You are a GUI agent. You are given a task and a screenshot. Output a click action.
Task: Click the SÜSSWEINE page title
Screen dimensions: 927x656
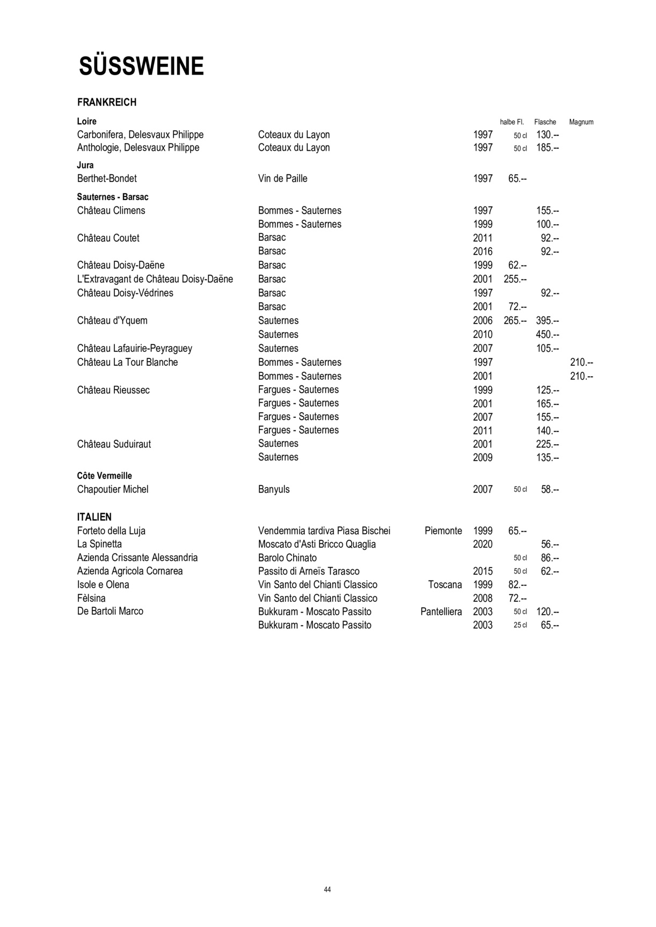pos(141,67)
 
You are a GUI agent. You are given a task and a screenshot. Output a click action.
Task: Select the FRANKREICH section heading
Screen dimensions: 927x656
pos(107,102)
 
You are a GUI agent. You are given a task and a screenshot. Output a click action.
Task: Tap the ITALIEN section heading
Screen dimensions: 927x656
pos(94,517)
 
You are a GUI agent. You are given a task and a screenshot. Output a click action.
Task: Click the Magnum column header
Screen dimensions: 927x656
pos(581,122)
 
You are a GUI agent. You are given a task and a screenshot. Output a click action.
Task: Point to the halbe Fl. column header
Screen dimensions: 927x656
pos(512,122)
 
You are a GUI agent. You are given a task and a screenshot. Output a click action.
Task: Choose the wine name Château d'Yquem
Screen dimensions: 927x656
pos(112,321)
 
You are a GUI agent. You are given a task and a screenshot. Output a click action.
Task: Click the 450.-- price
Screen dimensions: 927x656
pos(548,335)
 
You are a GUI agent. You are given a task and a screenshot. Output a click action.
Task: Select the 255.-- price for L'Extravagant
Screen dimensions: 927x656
pos(515,279)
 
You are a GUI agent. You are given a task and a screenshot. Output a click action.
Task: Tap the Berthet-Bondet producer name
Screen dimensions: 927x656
pos(107,179)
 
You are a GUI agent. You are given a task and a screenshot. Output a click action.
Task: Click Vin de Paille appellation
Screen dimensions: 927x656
pos(283,179)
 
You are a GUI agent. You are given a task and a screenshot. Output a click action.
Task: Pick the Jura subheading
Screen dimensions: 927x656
pos(85,165)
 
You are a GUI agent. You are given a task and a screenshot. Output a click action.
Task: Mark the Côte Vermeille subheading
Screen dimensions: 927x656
pos(104,476)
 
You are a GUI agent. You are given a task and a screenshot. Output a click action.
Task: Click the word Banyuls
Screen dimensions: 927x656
pos(274,489)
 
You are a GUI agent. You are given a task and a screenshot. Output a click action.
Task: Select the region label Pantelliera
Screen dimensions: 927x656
pos(441,612)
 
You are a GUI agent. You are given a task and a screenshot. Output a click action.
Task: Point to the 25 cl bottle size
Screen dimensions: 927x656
pos(520,626)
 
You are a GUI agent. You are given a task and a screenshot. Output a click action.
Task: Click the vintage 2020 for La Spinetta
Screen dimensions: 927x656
pos(483,545)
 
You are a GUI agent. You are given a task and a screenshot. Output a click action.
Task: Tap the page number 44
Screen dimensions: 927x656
pos(327,890)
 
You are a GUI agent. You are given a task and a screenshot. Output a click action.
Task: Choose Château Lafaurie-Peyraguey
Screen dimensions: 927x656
pos(135,349)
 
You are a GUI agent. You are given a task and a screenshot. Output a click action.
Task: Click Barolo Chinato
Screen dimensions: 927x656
pos(287,558)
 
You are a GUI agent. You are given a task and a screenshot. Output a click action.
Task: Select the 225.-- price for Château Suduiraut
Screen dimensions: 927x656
pos(548,444)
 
